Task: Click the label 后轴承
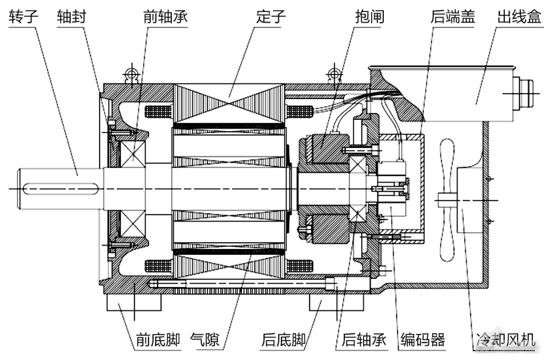click(x=364, y=340)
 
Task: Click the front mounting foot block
click(x=134, y=303)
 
